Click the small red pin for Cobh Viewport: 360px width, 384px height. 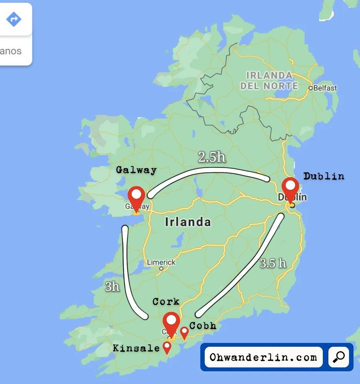[x=184, y=332]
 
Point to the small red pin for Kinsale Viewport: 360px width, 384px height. [x=167, y=347]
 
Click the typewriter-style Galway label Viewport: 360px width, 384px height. [x=136, y=170]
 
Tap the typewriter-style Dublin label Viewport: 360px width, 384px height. [x=324, y=176]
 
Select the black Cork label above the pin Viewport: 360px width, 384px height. [x=166, y=301]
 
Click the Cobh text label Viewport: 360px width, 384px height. [x=202, y=326]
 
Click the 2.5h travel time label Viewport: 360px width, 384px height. [x=212, y=157]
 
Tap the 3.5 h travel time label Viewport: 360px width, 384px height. [x=273, y=263]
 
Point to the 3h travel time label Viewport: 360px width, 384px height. [x=112, y=286]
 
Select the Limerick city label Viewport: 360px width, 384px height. [x=161, y=263]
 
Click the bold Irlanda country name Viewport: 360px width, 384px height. [x=187, y=222]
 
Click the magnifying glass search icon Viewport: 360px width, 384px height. [x=338, y=357]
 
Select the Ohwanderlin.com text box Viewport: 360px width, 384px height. [x=263, y=357]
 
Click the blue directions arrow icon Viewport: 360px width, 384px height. [x=14, y=19]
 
